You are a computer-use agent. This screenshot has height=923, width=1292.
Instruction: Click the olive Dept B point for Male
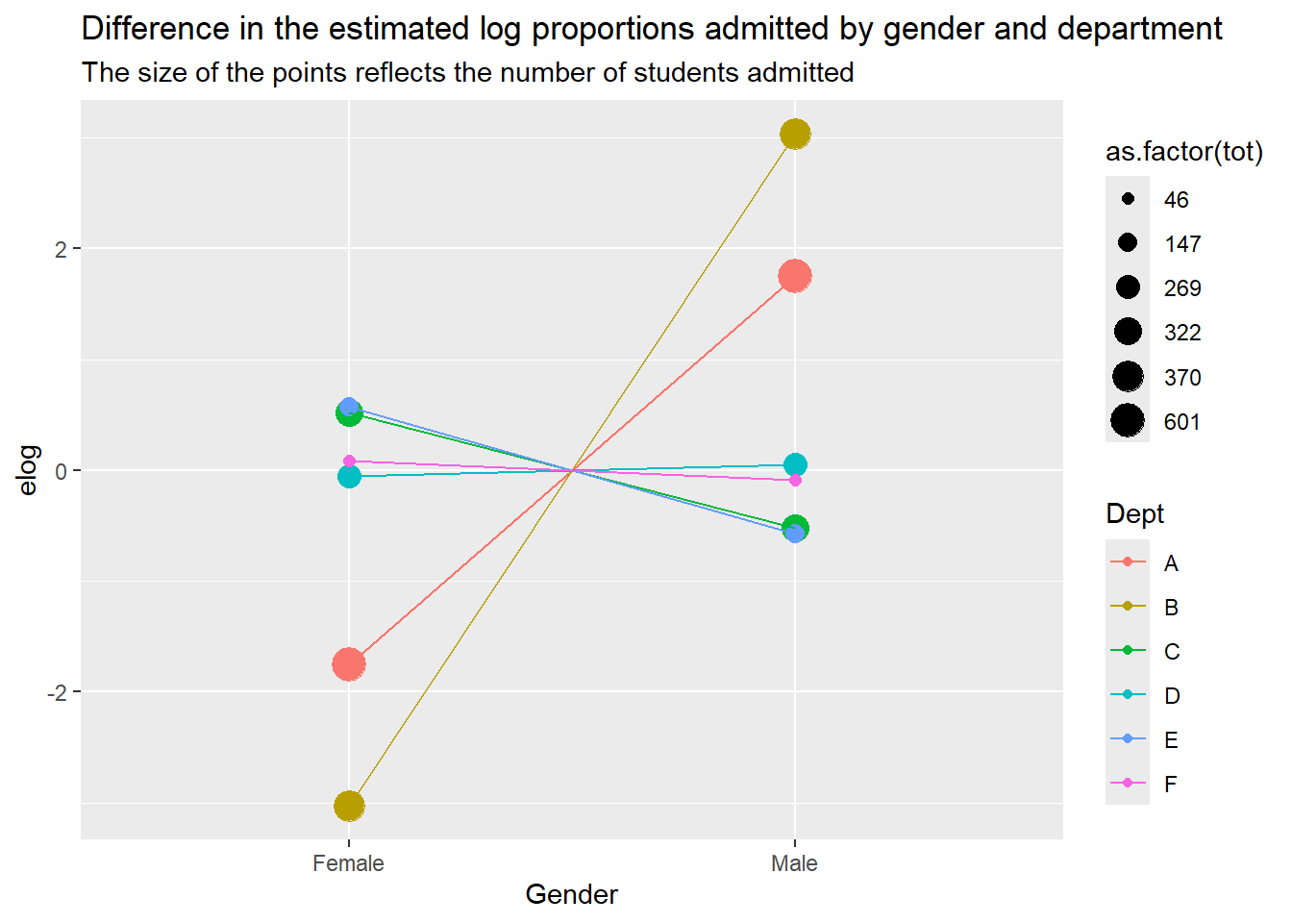tap(795, 135)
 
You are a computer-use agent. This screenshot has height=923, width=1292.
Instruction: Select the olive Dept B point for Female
tap(349, 806)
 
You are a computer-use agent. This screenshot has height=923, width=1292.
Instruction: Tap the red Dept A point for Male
tap(795, 276)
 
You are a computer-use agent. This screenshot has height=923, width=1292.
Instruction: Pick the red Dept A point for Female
tap(349, 664)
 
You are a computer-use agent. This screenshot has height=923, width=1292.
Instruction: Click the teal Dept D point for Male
tap(795, 464)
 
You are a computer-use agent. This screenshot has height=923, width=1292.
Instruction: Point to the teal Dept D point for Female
tap(349, 477)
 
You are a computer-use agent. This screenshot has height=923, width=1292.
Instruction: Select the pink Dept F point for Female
tap(349, 461)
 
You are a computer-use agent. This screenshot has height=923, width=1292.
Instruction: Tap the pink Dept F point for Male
tap(795, 480)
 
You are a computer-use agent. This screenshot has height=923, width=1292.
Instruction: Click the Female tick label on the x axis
tap(348, 863)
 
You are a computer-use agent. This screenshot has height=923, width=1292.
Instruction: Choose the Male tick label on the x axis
tap(795, 863)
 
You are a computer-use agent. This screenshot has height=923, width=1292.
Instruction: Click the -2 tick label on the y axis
tap(57, 692)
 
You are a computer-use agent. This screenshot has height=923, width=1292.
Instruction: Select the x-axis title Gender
tap(572, 895)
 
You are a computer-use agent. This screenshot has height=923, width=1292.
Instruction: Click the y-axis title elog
tap(28, 470)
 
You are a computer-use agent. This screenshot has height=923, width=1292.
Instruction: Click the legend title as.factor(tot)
tap(1184, 152)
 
